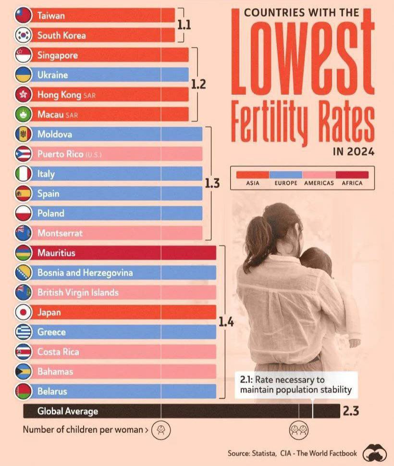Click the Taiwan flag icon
[23, 15]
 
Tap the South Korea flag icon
[23, 35]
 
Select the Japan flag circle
[23, 312]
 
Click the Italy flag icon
[23, 174]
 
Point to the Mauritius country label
[56, 253]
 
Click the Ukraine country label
[52, 75]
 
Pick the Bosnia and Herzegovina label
[85, 273]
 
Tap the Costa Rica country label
[58, 352]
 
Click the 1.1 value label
[184, 25]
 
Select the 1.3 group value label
[212, 183]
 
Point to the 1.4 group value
[226, 322]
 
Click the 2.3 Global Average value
[351, 411]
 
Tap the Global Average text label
[68, 411]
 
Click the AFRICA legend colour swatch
[352, 175]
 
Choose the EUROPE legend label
[286, 183]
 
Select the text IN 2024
[353, 152]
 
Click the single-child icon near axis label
[160, 429]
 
